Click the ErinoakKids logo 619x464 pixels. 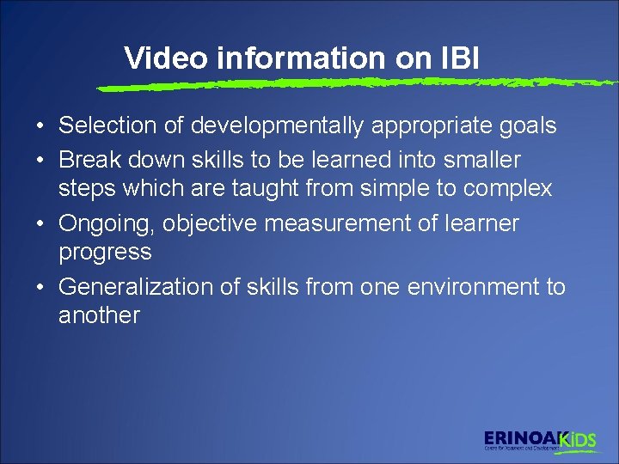[x=539, y=440]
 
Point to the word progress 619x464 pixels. [x=105, y=253]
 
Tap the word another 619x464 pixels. [x=99, y=315]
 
